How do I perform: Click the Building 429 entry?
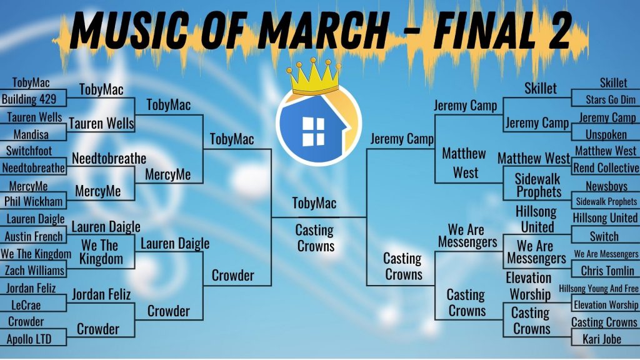[x=29, y=99]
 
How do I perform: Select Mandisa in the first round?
[x=31, y=134]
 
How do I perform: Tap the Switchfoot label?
[x=29, y=151]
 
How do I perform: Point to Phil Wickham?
[x=34, y=202]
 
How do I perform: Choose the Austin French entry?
[x=34, y=236]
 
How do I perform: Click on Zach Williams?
[x=34, y=270]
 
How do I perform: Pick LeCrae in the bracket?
[x=26, y=305]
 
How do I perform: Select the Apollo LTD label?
[x=29, y=339]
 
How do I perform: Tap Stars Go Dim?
[x=611, y=99]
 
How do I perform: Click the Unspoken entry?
[x=606, y=134]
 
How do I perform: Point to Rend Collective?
[x=606, y=167]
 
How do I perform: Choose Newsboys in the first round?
[x=606, y=186]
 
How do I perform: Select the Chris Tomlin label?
[x=607, y=271]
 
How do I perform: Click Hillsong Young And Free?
[x=598, y=289]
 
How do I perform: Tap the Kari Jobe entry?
[x=602, y=339]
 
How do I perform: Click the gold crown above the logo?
[x=314, y=76]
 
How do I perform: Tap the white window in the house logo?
[x=313, y=131]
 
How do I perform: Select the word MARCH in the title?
[x=323, y=30]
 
